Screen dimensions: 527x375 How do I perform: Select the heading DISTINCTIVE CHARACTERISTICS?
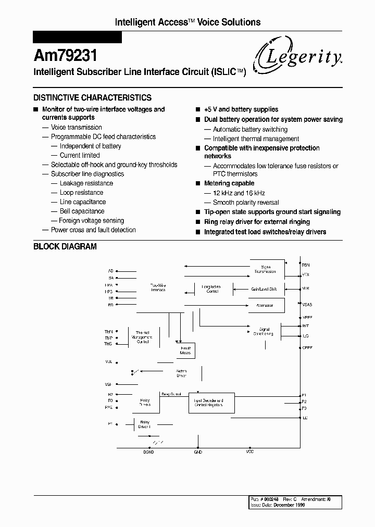coord(92,97)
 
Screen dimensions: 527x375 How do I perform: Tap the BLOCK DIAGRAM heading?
coord(65,246)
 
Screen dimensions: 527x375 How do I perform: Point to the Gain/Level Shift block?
coord(265,288)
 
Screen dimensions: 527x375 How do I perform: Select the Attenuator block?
coord(265,305)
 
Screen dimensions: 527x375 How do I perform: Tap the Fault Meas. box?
coord(185,350)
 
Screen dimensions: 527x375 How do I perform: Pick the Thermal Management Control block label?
coord(143,337)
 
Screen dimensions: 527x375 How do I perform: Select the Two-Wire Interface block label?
coord(158,287)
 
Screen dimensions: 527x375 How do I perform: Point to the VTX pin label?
coord(306,274)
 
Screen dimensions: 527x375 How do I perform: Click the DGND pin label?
coord(148,452)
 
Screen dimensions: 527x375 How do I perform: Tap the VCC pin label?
coord(250,452)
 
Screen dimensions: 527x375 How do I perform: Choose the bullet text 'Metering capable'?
coord(229,183)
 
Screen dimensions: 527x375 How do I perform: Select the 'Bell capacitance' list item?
coord(82,211)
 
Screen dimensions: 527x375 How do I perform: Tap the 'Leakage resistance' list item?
coord(86,183)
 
